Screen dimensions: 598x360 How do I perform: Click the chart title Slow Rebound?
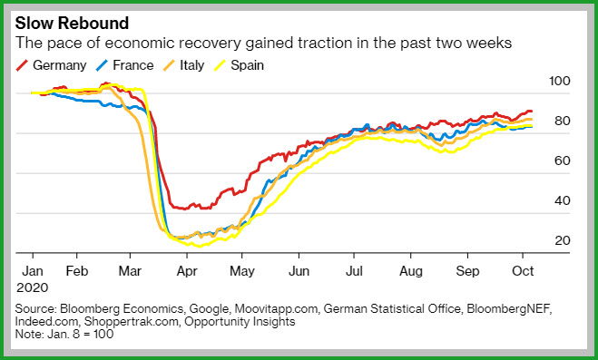pos(72,24)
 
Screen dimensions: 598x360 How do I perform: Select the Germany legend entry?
pos(51,65)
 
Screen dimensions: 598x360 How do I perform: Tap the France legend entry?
pos(124,65)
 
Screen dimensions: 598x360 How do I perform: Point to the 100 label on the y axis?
pos(559,81)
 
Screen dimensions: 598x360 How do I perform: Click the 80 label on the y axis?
pos(562,121)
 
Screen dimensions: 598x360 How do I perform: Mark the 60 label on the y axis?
pos(562,161)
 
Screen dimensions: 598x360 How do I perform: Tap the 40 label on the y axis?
pos(562,200)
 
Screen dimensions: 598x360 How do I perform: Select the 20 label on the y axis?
pos(562,240)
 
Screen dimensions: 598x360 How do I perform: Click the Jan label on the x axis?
pos(33,271)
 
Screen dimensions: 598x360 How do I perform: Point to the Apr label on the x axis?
pos(187,272)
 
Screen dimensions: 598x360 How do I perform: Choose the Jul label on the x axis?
pos(354,271)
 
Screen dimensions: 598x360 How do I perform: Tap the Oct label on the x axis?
pos(523,271)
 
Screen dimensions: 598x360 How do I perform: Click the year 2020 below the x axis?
pos(32,287)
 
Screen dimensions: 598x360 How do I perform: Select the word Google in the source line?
pos(210,308)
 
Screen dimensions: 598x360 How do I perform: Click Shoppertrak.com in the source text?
pos(132,322)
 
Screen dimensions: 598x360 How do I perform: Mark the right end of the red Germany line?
pos(531,112)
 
